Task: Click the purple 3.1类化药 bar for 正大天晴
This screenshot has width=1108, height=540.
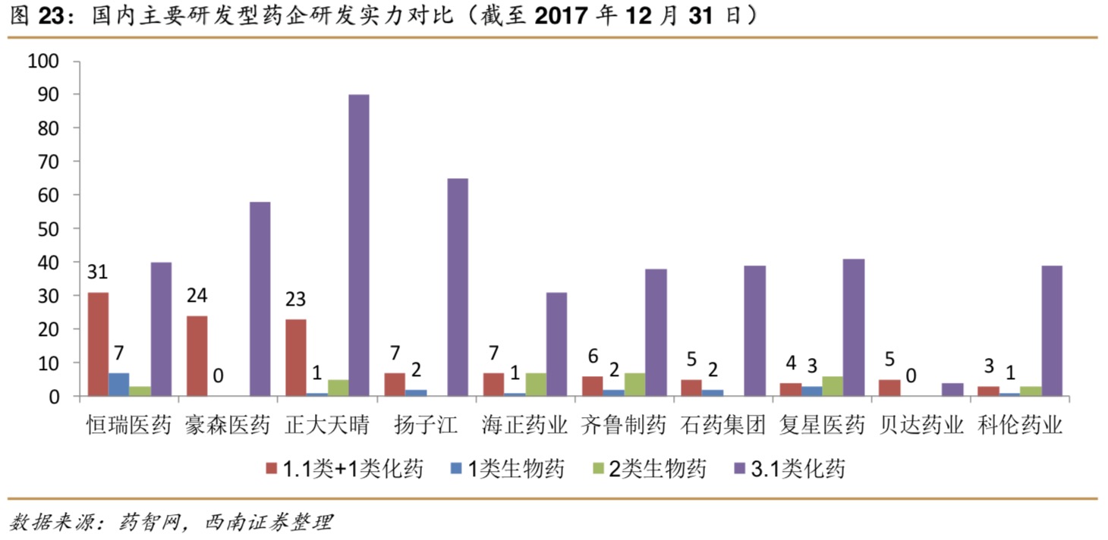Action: pyautogui.click(x=359, y=245)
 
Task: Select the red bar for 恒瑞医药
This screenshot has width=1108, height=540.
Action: pyautogui.click(x=98, y=344)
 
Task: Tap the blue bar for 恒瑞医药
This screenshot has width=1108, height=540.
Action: pyautogui.click(x=118, y=385)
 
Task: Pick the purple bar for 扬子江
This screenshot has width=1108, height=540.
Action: pyautogui.click(x=458, y=287)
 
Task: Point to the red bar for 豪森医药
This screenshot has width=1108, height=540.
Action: pyautogui.click(x=197, y=356)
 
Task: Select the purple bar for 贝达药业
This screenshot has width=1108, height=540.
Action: pyautogui.click(x=952, y=390)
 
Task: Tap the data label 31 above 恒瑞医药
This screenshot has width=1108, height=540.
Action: pyautogui.click(x=98, y=272)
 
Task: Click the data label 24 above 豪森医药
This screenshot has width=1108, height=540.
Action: pyautogui.click(x=197, y=296)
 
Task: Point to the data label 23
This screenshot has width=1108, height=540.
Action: pyautogui.click(x=295, y=300)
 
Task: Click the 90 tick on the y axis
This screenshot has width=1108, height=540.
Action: pyautogui.click(x=54, y=95)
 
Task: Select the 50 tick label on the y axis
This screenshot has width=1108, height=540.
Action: pyautogui.click(x=54, y=228)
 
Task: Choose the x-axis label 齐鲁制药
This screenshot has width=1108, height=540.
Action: pyautogui.click(x=623, y=425)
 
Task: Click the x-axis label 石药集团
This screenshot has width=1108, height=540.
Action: pyautogui.click(x=722, y=425)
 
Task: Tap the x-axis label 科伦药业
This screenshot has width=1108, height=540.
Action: pyautogui.click(x=1018, y=425)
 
